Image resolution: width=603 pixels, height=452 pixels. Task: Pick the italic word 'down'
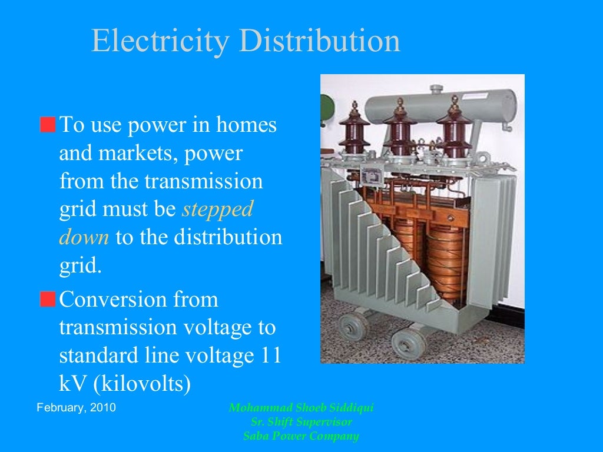click(84, 238)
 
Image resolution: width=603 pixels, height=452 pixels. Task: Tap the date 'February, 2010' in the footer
click(76, 408)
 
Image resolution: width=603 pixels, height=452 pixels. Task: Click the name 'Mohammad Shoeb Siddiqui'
click(301, 408)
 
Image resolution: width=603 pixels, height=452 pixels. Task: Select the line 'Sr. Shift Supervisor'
click(301, 422)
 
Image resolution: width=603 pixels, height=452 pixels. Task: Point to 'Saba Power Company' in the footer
click(301, 436)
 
